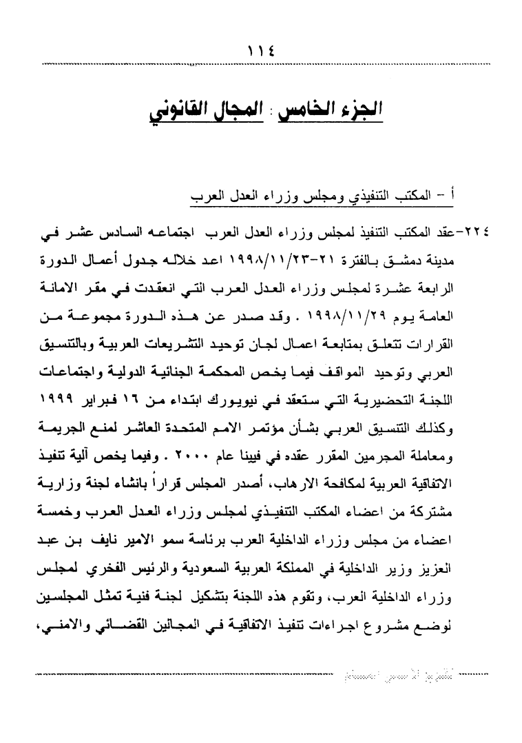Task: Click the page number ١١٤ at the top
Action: click(261, 49)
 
